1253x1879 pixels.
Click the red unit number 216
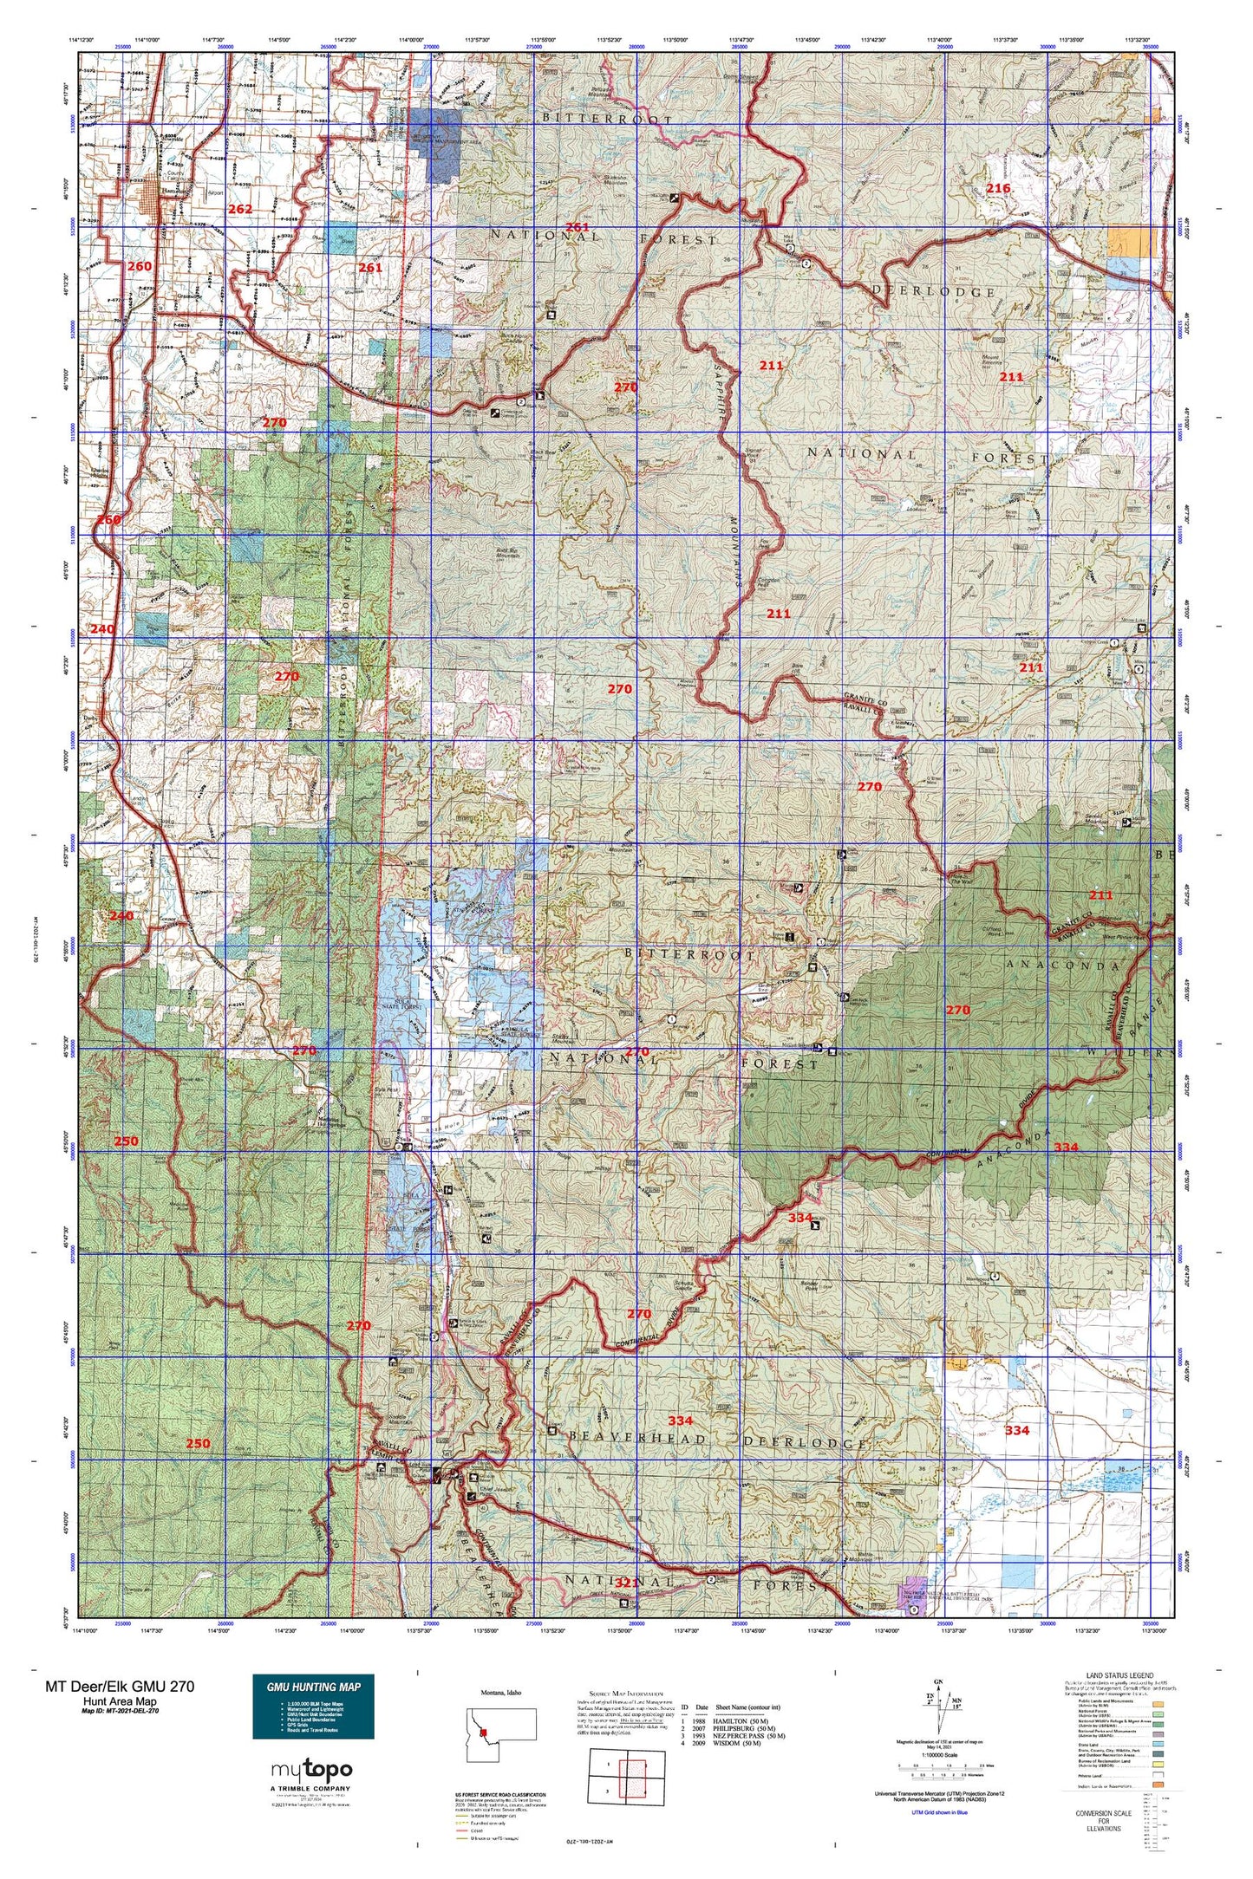998,189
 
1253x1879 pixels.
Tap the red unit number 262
240,210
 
